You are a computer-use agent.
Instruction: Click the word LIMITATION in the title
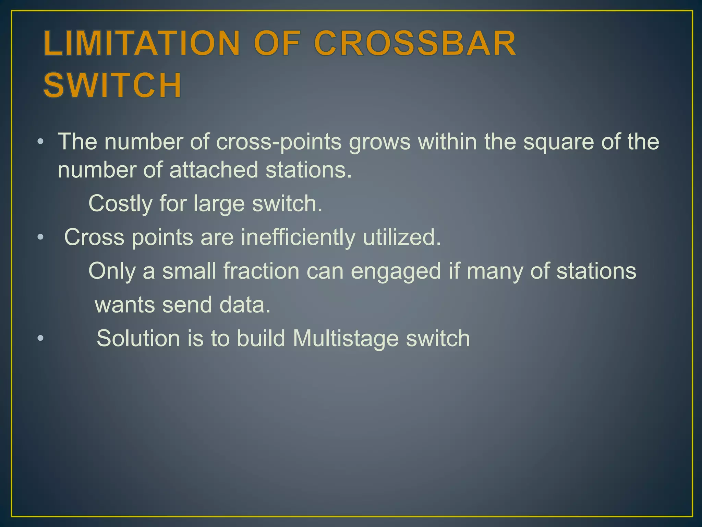(x=142, y=43)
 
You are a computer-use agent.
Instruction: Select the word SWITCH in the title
(x=112, y=85)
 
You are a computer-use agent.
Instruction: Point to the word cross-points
(x=279, y=142)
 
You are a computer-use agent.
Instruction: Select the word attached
(x=214, y=170)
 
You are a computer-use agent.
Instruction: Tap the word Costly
(x=120, y=204)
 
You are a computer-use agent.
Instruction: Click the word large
(x=219, y=204)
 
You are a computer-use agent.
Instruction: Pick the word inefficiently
(x=298, y=237)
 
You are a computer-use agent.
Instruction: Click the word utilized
(x=402, y=237)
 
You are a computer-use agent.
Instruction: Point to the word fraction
(x=262, y=271)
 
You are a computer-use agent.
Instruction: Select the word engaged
(x=396, y=271)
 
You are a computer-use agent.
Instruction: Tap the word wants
(x=125, y=305)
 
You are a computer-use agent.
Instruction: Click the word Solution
(x=138, y=338)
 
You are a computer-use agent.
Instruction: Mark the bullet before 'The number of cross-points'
(x=40, y=142)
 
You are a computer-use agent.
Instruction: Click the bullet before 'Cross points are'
(x=40, y=237)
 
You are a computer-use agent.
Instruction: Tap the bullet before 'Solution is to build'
(x=40, y=338)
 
